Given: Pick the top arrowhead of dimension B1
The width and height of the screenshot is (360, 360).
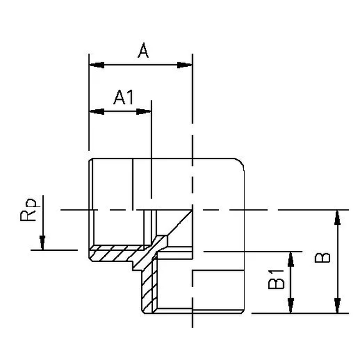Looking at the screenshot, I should pos(291,256).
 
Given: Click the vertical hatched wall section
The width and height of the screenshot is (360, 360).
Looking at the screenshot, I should pos(148,287).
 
